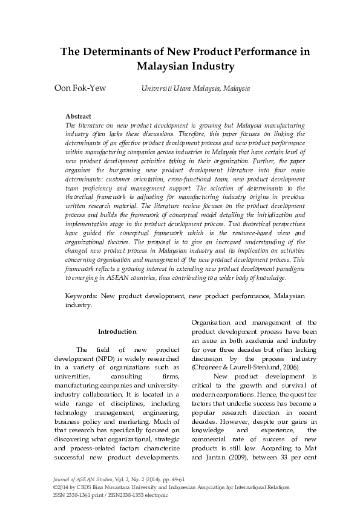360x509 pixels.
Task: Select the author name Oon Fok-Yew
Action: (x=80, y=88)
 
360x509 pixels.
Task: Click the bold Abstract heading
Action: (x=78, y=116)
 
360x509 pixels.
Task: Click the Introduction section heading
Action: (x=117, y=331)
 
